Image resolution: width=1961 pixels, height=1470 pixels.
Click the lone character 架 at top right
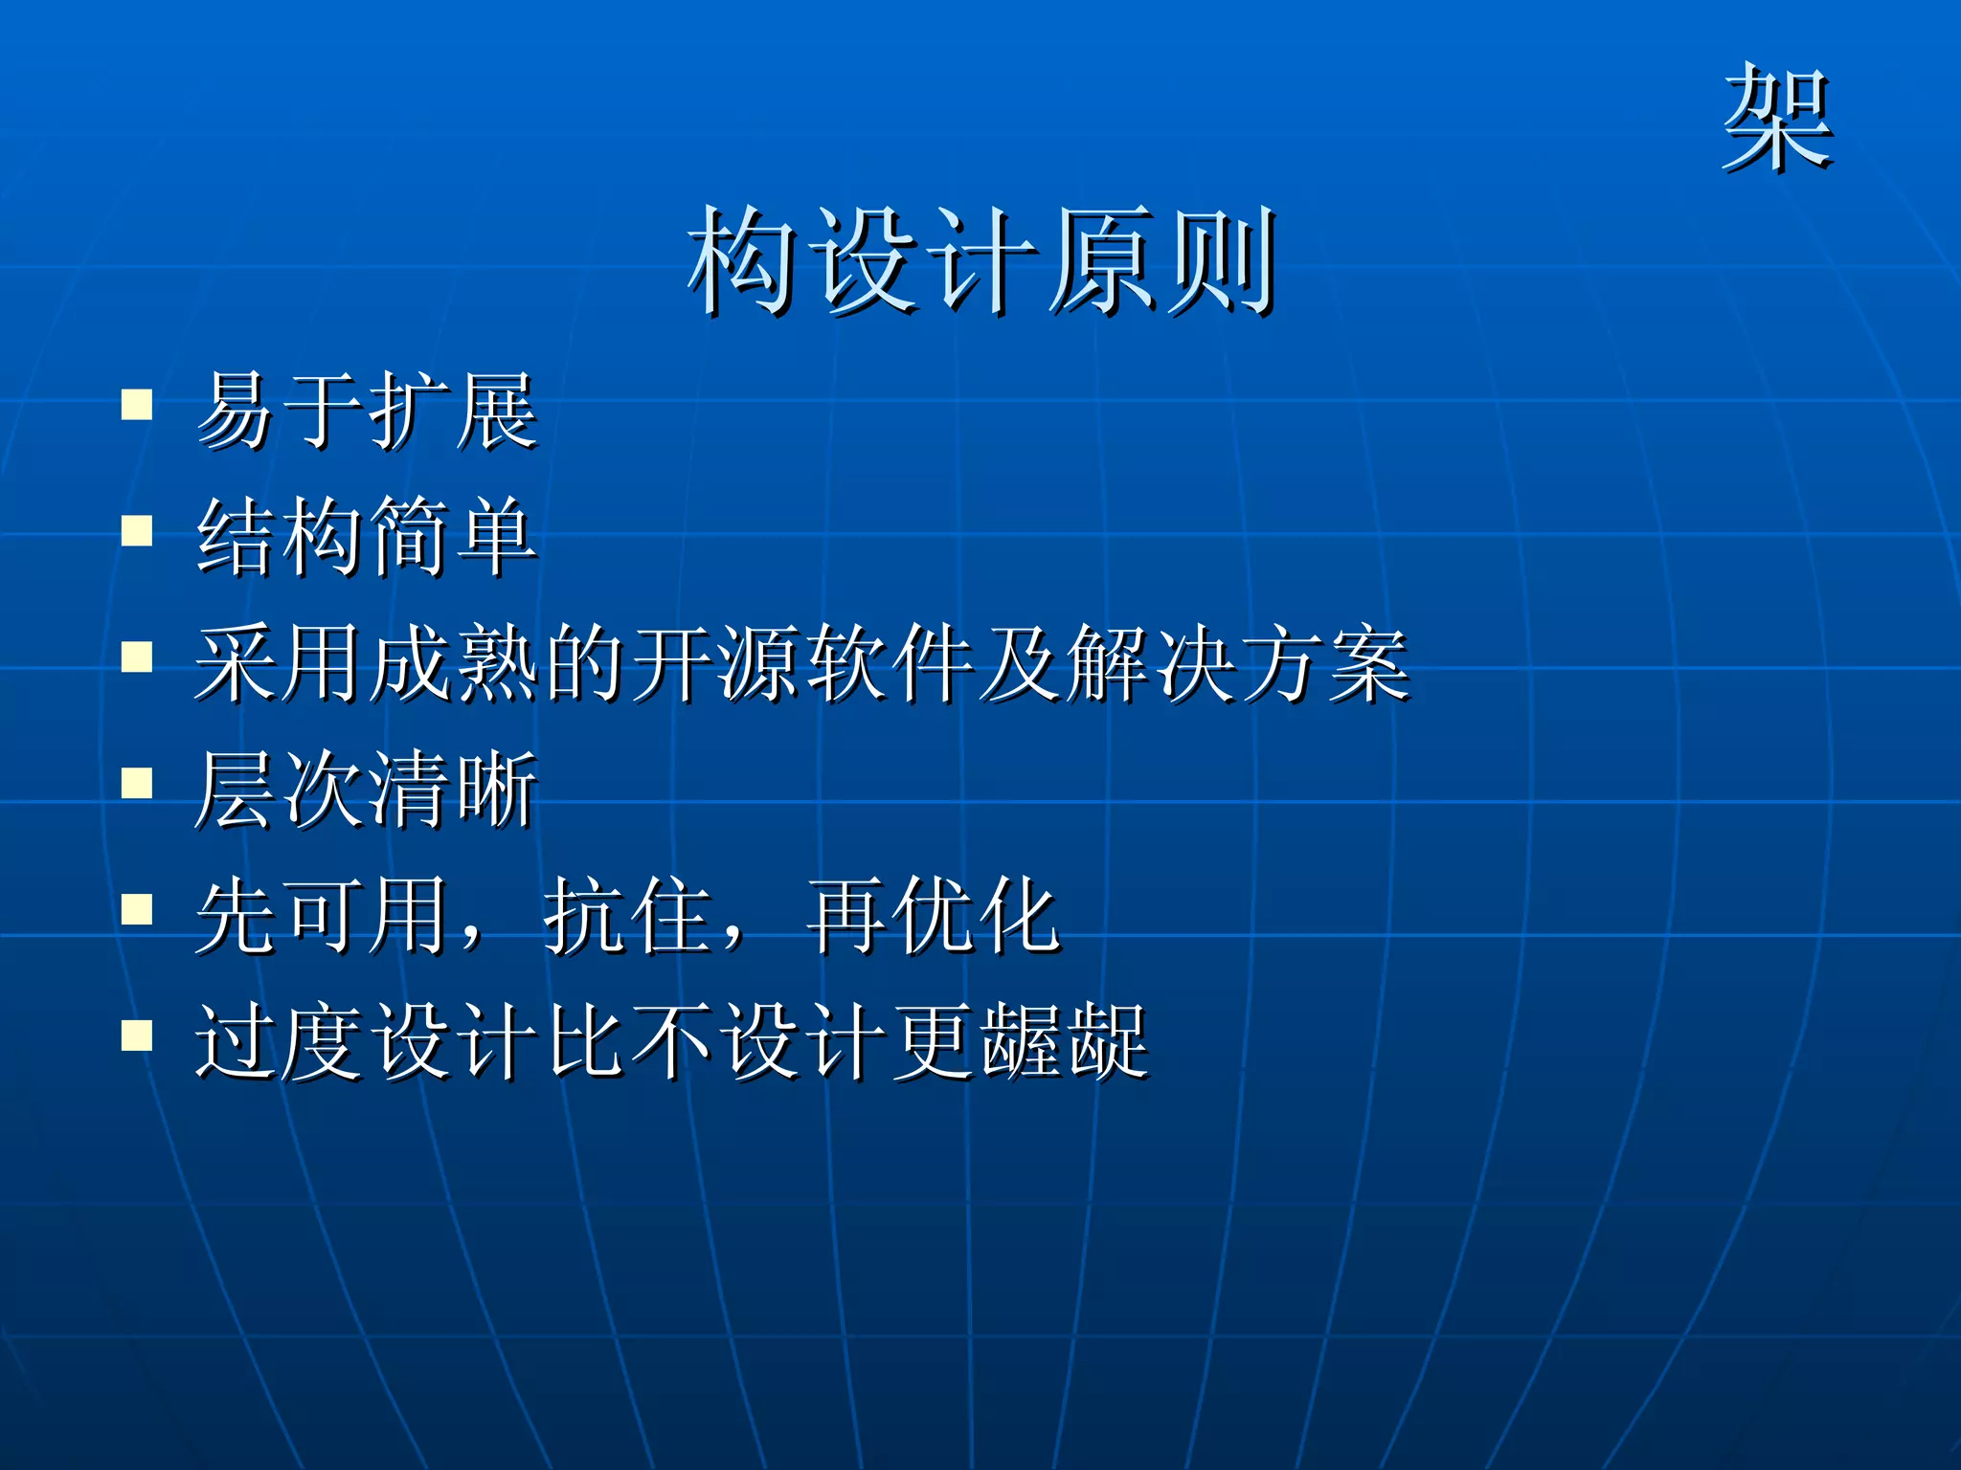point(1777,119)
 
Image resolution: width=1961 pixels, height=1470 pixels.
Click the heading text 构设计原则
point(980,260)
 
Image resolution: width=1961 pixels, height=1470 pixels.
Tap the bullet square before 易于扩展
point(137,405)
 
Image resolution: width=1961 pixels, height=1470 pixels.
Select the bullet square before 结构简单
point(137,530)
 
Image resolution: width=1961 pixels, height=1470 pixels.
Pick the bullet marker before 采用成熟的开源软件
point(137,657)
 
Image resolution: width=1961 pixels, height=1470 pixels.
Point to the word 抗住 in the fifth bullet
point(627,916)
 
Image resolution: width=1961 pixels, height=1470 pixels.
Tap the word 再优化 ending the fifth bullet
point(933,916)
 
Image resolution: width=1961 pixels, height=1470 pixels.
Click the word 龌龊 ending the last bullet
point(1064,1042)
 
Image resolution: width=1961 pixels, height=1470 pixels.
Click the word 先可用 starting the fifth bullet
point(322,916)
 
